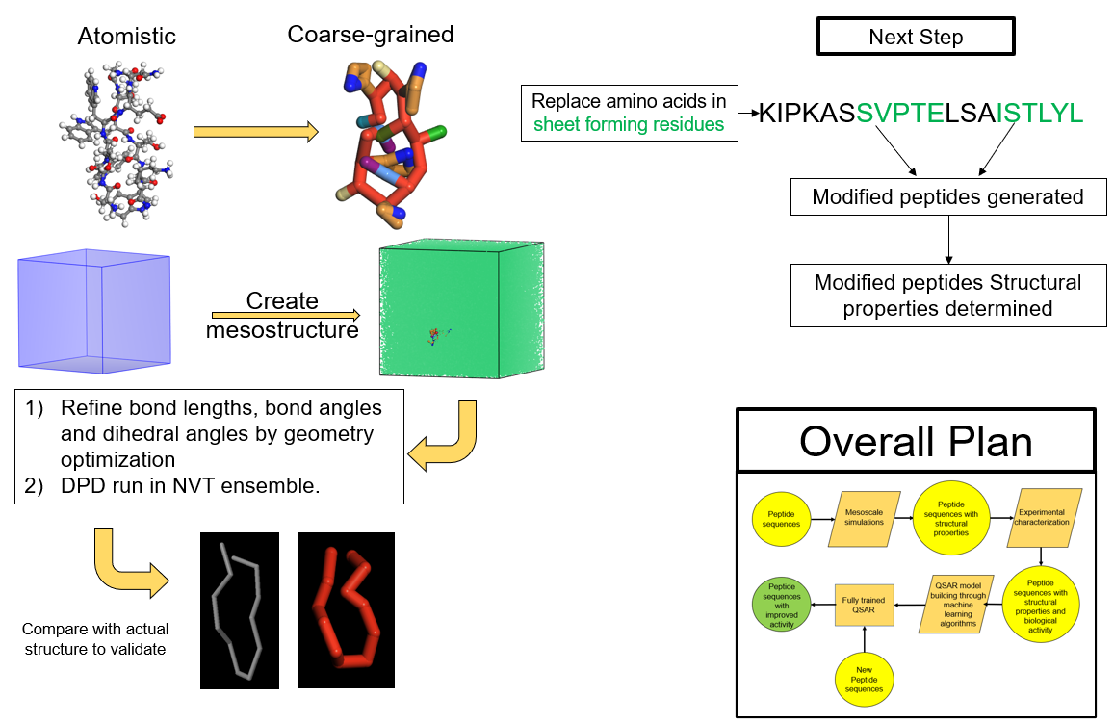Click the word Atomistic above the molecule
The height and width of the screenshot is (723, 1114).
point(127,37)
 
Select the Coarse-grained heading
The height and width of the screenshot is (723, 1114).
point(370,36)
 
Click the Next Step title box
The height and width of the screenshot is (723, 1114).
point(916,38)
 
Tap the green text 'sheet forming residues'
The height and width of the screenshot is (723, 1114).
point(629,124)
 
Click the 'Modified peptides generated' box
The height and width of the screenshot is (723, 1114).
point(947,197)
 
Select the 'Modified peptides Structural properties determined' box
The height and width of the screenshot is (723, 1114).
point(947,296)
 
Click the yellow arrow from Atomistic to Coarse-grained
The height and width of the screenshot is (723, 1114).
point(255,132)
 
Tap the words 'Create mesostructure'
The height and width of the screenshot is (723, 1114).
point(281,316)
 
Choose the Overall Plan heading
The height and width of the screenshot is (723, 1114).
point(916,441)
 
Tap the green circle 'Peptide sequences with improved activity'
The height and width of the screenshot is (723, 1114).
point(782,606)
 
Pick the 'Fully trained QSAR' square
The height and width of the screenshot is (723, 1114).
point(864,606)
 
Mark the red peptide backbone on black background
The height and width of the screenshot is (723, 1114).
point(346,609)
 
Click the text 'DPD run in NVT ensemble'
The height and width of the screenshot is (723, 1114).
point(189,486)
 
